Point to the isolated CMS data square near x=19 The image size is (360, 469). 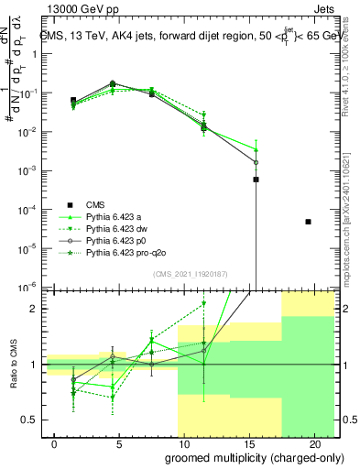308,222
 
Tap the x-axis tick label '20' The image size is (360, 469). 311,443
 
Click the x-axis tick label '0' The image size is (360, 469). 56,443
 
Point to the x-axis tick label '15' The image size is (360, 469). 247,443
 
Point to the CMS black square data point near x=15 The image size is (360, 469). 256,180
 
